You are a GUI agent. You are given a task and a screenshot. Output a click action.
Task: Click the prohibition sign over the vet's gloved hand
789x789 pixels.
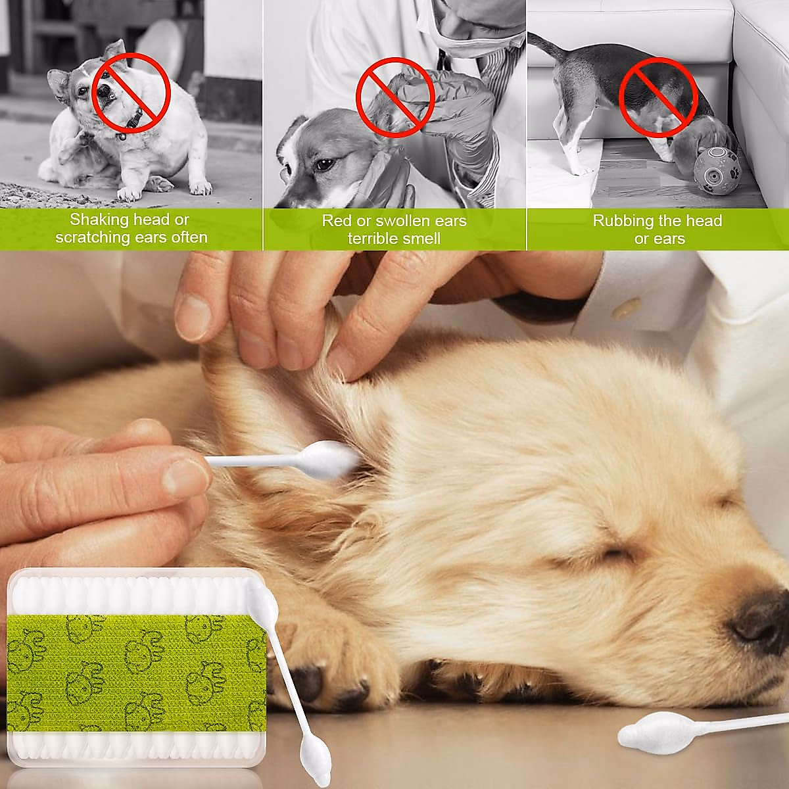(x=395, y=97)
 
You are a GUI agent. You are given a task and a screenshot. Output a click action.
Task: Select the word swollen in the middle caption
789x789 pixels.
(x=403, y=221)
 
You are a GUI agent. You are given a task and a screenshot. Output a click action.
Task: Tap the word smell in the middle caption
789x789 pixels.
(x=420, y=238)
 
